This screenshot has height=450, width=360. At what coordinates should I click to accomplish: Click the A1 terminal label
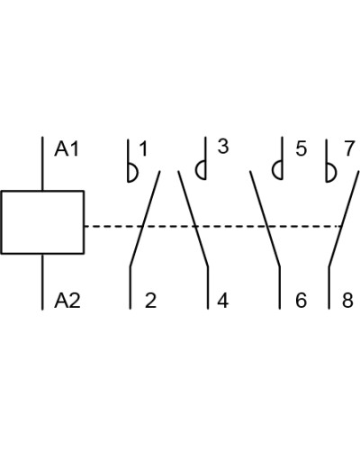pyautogui.click(x=67, y=148)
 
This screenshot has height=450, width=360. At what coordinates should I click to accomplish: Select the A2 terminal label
pyautogui.click(x=67, y=301)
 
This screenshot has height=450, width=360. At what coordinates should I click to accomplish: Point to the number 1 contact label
pyautogui.click(x=144, y=148)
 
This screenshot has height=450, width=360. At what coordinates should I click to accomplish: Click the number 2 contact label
pyautogui.click(x=150, y=301)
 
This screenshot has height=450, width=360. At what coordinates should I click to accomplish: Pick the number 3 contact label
pyautogui.click(x=223, y=147)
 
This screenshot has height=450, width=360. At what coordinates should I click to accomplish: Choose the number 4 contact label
pyautogui.click(x=222, y=301)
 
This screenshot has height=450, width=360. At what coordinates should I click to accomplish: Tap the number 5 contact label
pyautogui.click(x=301, y=148)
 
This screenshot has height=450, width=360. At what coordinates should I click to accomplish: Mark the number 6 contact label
pyautogui.click(x=301, y=301)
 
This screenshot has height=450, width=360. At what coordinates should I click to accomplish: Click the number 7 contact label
pyautogui.click(x=349, y=148)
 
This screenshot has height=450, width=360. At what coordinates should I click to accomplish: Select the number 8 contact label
pyautogui.click(x=348, y=301)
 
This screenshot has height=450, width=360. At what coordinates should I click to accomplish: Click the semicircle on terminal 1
pyautogui.click(x=138, y=173)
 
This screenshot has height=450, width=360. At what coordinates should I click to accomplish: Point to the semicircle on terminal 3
pyautogui.click(x=196, y=170)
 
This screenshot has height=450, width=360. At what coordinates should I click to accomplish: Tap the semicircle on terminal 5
pyautogui.click(x=273, y=170)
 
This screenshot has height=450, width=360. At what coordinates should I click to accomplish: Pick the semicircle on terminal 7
pyautogui.click(x=336, y=173)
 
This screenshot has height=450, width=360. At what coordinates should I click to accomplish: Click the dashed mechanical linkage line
pyautogui.click(x=213, y=226)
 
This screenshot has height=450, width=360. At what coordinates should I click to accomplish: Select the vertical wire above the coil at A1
pyautogui.click(x=42, y=164)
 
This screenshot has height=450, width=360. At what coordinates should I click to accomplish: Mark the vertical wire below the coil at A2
pyautogui.click(x=42, y=282)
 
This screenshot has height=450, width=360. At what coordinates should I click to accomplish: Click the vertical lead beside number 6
pyautogui.click(x=280, y=287)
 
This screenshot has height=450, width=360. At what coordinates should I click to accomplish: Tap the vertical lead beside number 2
pyautogui.click(x=130, y=287)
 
